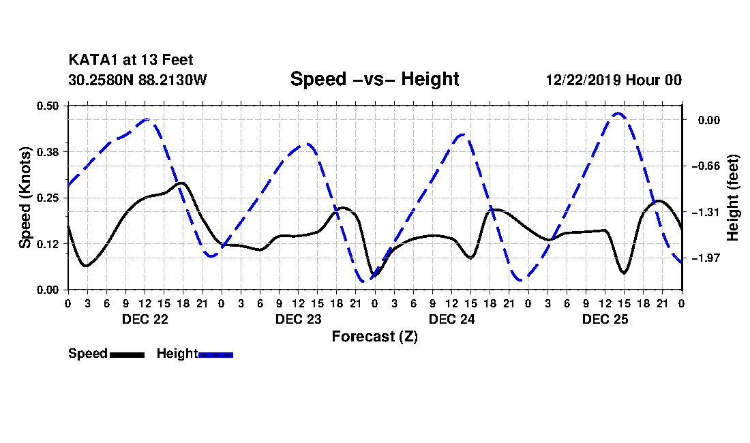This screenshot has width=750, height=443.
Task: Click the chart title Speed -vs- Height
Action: pyautogui.click(x=374, y=79)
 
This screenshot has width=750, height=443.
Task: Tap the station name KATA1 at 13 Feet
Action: pyautogui.click(x=131, y=60)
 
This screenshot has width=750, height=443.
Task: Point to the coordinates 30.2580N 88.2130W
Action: pyautogui.click(x=138, y=80)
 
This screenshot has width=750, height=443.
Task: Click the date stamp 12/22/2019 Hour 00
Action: pyautogui.click(x=614, y=80)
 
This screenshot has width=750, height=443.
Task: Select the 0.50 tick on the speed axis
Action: pyautogui.click(x=47, y=106)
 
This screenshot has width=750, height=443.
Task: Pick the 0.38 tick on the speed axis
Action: pyautogui.click(x=47, y=152)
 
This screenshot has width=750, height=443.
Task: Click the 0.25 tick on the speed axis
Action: pyautogui.click(x=47, y=198)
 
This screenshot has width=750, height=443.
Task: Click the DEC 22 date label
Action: pyautogui.click(x=145, y=319)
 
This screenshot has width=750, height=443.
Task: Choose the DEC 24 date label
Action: pyautogui.click(x=452, y=319)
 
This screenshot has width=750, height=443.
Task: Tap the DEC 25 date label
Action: pyautogui.click(x=605, y=319)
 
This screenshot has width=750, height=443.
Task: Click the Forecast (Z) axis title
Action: pyautogui.click(x=375, y=337)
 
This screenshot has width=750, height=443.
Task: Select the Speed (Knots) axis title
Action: pyautogui.click(x=25, y=198)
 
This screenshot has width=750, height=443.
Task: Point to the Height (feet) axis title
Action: pyautogui.click(x=732, y=198)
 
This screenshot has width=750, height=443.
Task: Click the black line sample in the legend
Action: pyautogui.click(x=127, y=354)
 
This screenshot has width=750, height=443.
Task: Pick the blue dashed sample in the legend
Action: pyautogui.click(x=215, y=354)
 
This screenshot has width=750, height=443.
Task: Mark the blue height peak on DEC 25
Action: pyautogui.click(x=618, y=113)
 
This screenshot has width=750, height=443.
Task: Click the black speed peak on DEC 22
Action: pyautogui.click(x=182, y=183)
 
